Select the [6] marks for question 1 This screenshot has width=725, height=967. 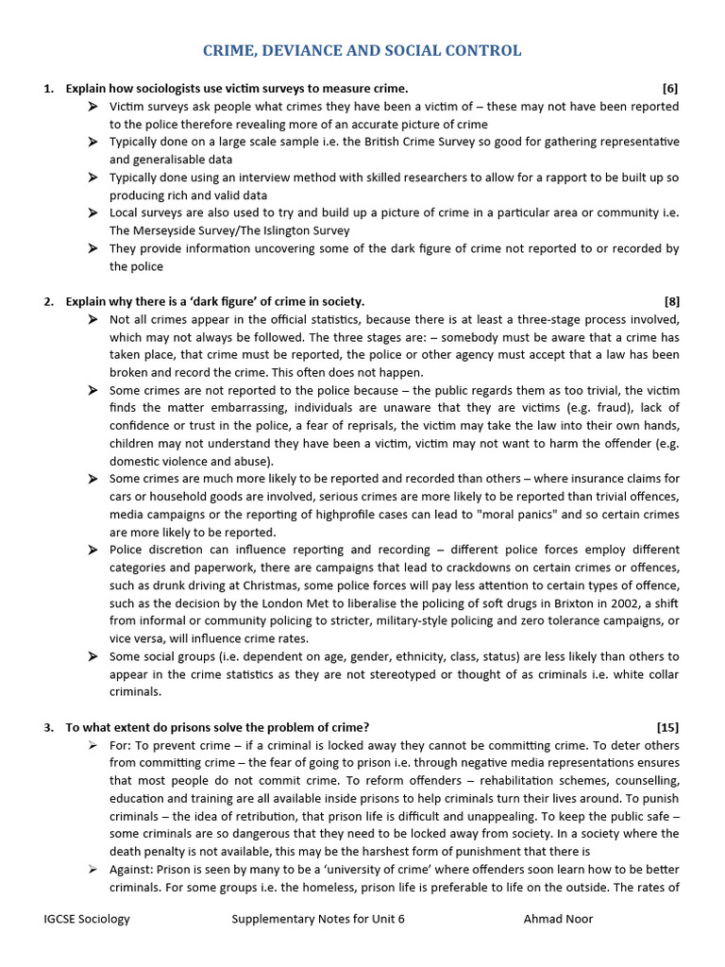(x=670, y=89)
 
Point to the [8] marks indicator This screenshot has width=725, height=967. (x=670, y=302)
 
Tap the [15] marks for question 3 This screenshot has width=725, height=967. (x=666, y=727)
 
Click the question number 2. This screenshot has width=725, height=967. (x=48, y=302)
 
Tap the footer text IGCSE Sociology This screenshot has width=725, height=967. (x=87, y=919)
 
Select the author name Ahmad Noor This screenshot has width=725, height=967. (x=558, y=919)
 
